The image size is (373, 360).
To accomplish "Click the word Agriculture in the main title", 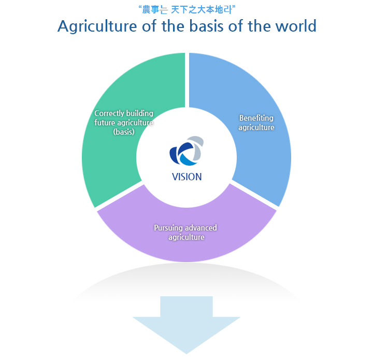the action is coord(97,26).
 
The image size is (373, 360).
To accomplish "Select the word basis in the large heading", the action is coord(206,26).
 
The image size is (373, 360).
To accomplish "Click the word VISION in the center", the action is coord(187,177).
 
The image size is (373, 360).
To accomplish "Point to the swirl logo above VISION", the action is coord(187,151).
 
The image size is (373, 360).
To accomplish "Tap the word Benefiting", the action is coord(256,118).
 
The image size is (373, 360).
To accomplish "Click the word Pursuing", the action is coord(168,228).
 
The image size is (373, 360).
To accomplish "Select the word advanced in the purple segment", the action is coord(201,227).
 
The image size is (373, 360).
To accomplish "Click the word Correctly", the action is coord(109,113).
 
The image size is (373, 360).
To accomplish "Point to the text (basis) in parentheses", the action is coord(124,132).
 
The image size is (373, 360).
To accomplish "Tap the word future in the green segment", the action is coord(105,122).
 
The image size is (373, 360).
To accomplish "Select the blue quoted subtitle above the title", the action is coord(187,10).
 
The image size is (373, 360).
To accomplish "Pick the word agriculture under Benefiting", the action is coord(256,127).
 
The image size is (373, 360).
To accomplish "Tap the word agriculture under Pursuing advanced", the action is coord(187,237).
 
